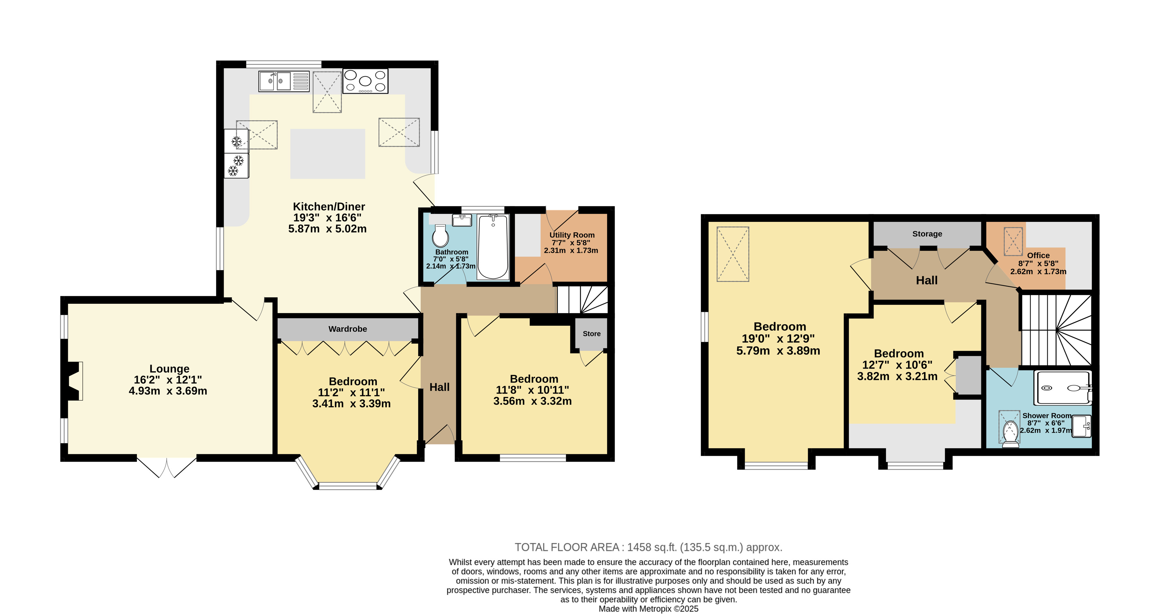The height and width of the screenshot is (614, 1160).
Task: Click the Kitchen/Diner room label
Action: [x=329, y=207]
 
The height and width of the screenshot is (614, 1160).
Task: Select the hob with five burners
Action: [x=365, y=81]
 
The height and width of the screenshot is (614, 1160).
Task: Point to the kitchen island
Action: [x=328, y=154]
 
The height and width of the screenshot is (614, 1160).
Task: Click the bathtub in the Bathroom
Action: [x=493, y=247]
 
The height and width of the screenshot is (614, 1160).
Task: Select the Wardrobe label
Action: [x=348, y=329]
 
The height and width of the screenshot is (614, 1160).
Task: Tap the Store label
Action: [x=592, y=334]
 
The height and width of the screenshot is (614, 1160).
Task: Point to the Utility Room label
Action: [x=572, y=235]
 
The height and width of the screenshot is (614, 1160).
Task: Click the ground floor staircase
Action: [x=583, y=300]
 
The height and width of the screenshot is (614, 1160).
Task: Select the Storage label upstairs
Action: [x=927, y=234]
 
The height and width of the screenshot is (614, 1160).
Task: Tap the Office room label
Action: [x=1039, y=256]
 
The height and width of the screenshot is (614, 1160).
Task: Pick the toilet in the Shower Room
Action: [x=1011, y=434]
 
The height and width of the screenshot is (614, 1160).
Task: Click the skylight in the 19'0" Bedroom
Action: [x=733, y=254]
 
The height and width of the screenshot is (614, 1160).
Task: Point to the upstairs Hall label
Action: [x=927, y=280]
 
